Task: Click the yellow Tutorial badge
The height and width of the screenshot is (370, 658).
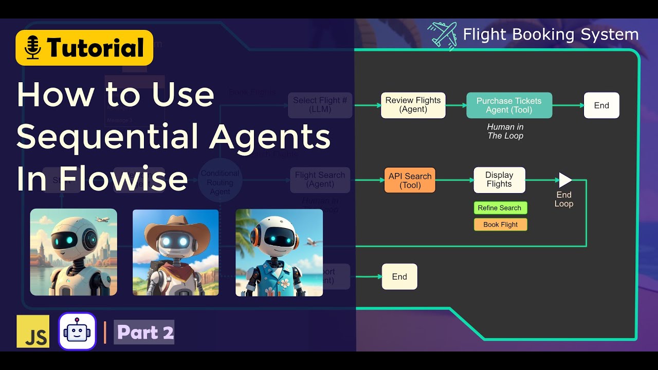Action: tap(84, 48)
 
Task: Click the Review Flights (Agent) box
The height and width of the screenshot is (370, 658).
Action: tap(413, 105)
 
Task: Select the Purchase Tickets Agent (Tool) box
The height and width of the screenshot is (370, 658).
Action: tap(509, 105)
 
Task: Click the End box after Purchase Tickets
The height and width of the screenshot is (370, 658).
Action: tap(601, 105)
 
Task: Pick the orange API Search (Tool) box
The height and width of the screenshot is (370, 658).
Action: tap(410, 180)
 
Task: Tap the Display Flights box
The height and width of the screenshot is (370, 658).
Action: tap(499, 180)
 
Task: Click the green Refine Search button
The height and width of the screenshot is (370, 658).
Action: tap(500, 208)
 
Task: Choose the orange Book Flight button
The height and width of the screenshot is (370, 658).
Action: tap(500, 225)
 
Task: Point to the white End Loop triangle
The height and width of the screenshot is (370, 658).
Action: tap(565, 180)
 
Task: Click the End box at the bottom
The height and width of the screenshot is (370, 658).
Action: tap(399, 276)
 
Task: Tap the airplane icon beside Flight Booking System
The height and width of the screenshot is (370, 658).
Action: tap(443, 35)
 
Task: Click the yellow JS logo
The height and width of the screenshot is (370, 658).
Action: tap(33, 331)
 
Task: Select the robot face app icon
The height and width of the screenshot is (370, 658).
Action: tap(77, 331)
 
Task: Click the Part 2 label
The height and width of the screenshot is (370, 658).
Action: tap(144, 332)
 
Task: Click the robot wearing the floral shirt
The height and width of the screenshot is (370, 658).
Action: tap(279, 252)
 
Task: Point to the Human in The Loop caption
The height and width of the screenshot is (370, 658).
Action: tap(505, 131)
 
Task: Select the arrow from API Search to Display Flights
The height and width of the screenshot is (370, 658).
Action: tap(454, 180)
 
